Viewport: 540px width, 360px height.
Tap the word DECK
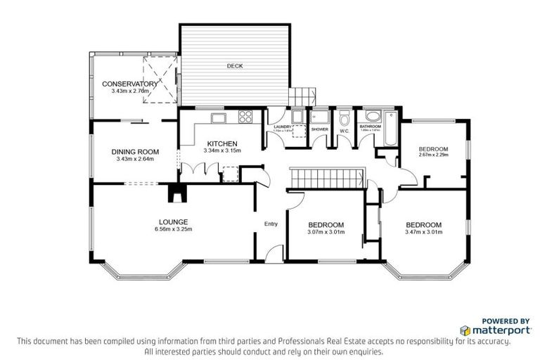234,66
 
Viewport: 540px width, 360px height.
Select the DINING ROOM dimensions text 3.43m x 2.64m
135,159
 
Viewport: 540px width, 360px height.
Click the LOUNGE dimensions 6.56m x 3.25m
174,229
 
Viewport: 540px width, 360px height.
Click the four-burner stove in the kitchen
247,117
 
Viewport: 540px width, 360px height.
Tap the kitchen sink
217,117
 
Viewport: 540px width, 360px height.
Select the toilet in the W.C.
345,118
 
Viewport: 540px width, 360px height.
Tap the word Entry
271,224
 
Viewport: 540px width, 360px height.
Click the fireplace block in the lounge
174,192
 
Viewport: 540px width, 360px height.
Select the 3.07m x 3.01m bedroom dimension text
326,232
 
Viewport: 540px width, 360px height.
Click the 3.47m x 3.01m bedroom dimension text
424,232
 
